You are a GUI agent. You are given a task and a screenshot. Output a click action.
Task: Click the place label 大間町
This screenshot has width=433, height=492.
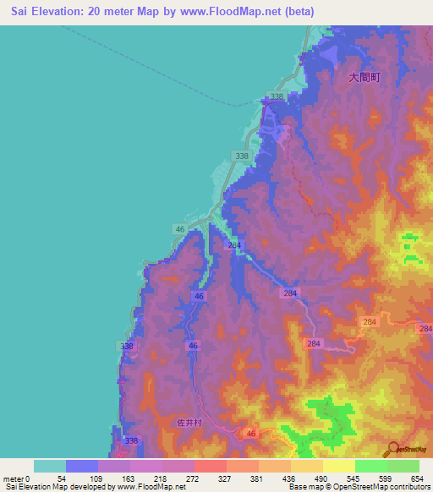[x=364, y=77]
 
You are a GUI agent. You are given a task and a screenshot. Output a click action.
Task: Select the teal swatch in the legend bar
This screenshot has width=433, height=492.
[x=50, y=466]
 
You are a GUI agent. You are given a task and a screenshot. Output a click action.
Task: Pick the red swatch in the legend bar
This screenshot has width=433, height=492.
[x=211, y=466]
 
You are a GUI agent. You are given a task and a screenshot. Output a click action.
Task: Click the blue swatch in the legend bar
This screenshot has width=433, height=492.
[x=82, y=466]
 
